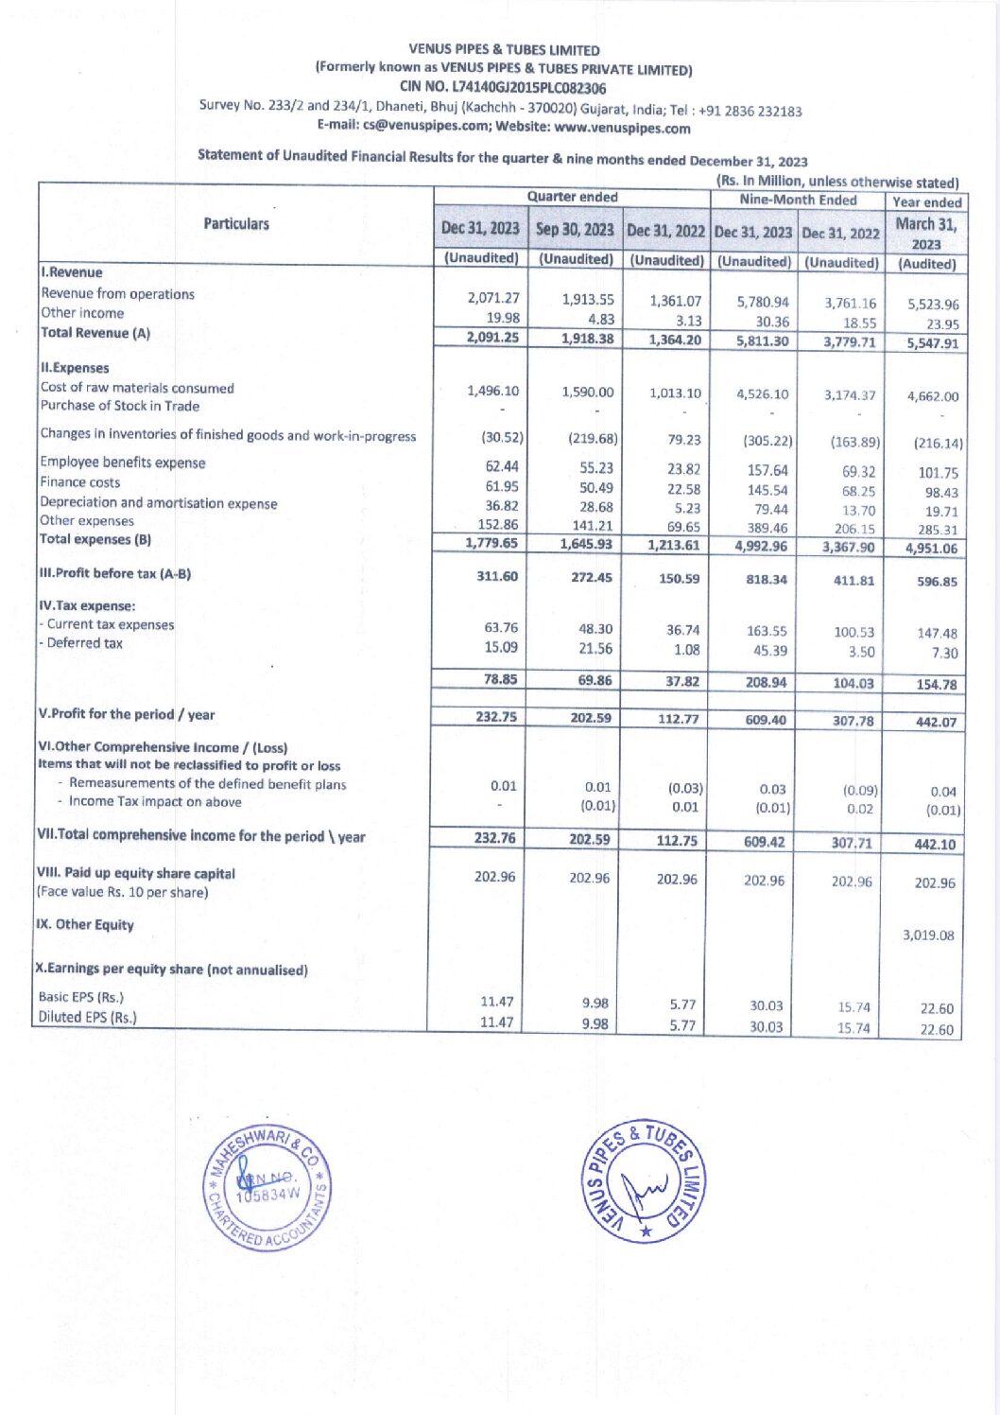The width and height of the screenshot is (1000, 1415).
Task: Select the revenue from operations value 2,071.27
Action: coord(492,298)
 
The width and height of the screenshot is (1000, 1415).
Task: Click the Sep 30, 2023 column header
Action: coord(575,230)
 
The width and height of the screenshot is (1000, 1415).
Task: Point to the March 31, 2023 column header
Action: coord(925,233)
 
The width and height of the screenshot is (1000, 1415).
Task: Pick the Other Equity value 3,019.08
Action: coord(927,935)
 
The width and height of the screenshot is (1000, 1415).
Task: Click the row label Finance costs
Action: coord(80,482)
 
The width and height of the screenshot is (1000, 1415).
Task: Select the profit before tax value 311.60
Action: coord(496,576)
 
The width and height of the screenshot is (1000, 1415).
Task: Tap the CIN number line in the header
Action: coord(502,87)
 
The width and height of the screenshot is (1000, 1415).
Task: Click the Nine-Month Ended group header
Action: coord(798,200)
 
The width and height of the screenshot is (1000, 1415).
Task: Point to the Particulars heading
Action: coord(236,224)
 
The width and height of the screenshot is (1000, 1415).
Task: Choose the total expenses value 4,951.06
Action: coord(931,549)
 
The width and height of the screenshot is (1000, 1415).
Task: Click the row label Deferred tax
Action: coord(84,643)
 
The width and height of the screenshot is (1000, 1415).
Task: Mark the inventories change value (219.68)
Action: coord(592,439)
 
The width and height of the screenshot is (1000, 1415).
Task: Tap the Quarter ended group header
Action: coord(572,197)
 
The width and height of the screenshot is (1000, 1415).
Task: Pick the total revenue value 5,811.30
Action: coord(762,341)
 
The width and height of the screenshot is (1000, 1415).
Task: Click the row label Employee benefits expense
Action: coord(123,463)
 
